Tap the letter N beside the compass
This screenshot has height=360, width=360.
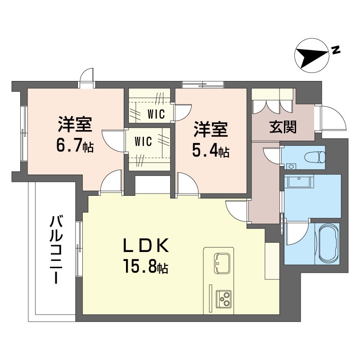335,50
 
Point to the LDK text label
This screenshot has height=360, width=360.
146,247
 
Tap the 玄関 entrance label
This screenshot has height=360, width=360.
283,127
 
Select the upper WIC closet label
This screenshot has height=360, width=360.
156,113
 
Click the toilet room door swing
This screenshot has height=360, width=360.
272,155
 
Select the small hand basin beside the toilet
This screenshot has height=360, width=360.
291,166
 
